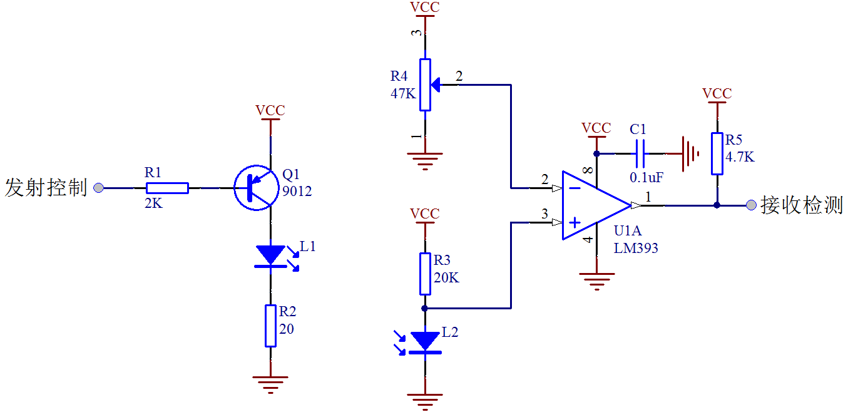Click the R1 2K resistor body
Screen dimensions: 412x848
pyautogui.click(x=166, y=188)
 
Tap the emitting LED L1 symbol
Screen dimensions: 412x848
pyautogui.click(x=271, y=255)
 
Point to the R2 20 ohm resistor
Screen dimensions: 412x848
pyautogui.click(x=270, y=326)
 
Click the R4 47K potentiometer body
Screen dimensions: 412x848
pyautogui.click(x=425, y=85)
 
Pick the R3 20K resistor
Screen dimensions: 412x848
pyautogui.click(x=425, y=274)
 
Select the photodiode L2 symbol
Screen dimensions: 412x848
pyautogui.click(x=425, y=342)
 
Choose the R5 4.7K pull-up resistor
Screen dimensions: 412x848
pyautogui.click(x=717, y=153)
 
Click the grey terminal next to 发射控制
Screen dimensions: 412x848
pyautogui.click(x=98, y=187)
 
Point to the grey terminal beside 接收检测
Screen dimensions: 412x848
pyautogui.click(x=752, y=205)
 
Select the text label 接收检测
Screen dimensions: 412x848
pyautogui.click(x=802, y=205)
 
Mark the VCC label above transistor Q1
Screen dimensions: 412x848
pyautogui.click(x=270, y=111)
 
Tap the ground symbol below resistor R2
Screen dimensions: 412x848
pyautogui.click(x=270, y=383)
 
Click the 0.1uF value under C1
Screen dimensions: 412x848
pyautogui.click(x=646, y=177)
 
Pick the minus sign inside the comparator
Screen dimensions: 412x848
pyautogui.click(x=573, y=187)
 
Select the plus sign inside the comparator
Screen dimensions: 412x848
pyautogui.click(x=573, y=222)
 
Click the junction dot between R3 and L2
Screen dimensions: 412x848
pyautogui.click(x=425, y=308)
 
